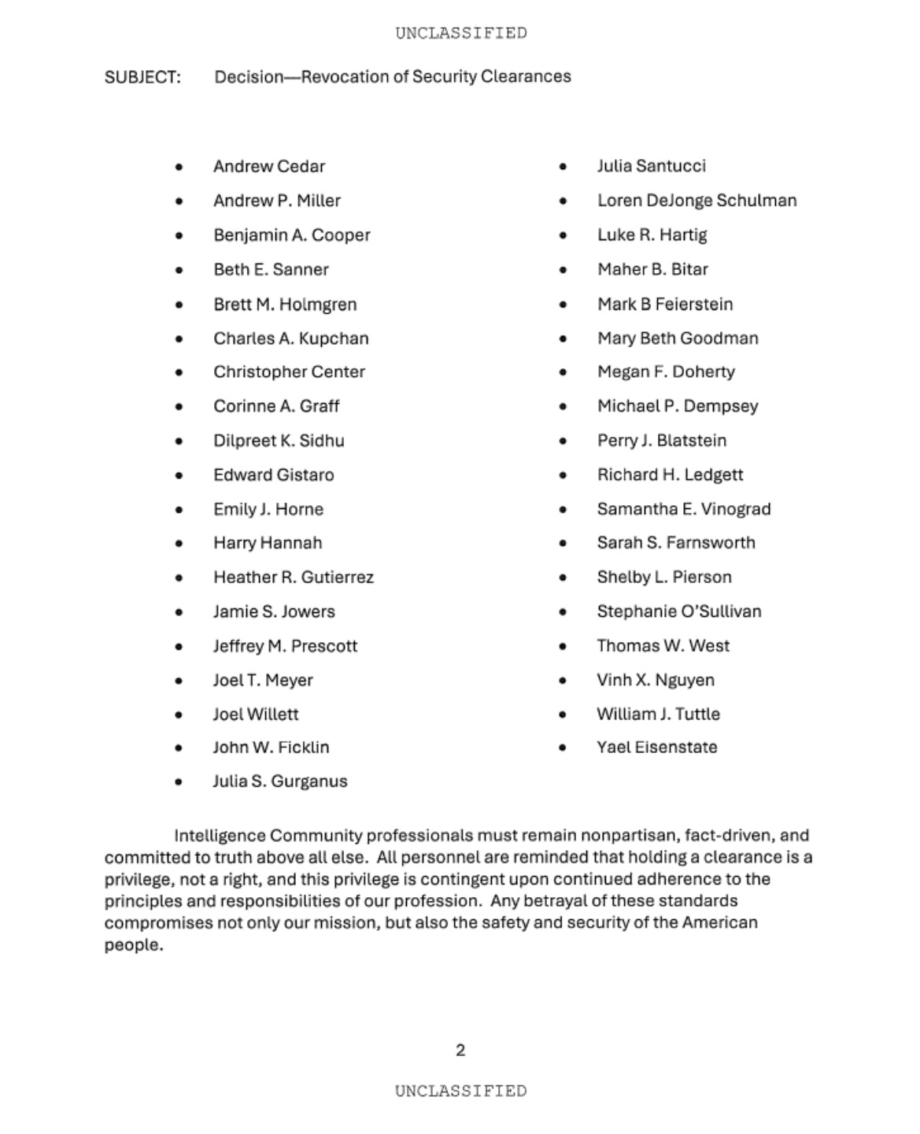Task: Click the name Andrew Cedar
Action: coord(268,167)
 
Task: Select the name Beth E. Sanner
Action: coord(271,270)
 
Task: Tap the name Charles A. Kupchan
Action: coord(290,338)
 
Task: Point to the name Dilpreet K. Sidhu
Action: coord(279,441)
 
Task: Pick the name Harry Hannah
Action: coord(268,543)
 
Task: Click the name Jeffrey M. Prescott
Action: coord(285,646)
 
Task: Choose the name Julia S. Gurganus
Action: coord(279,781)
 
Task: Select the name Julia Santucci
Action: coord(651,166)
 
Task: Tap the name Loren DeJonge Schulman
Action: coord(696,201)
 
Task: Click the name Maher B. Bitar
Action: coord(652,270)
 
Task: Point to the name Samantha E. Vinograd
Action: coord(683,509)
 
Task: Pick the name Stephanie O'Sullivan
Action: coord(678,611)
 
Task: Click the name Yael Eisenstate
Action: coord(656,748)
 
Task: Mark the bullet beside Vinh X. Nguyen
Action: coord(563,681)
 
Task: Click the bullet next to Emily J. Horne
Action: coord(179,510)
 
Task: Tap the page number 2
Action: coord(460,1050)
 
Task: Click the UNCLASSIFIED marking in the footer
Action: coord(460,1091)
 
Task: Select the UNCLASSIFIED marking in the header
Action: coord(460,33)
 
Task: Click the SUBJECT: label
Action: coord(142,77)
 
